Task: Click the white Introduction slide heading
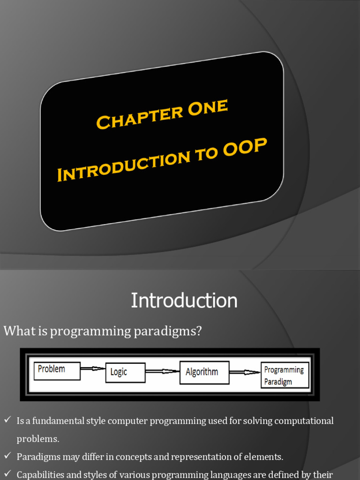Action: point(184,300)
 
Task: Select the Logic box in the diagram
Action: point(125,372)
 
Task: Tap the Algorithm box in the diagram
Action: point(204,372)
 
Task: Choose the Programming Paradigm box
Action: point(285,375)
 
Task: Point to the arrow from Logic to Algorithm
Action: point(162,372)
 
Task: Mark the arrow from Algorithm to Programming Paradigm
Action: point(245,373)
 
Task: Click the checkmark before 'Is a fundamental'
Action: point(7,420)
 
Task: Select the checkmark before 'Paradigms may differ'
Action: point(7,456)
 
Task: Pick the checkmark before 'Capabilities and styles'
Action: point(7,473)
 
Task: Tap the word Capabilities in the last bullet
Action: point(41,474)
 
